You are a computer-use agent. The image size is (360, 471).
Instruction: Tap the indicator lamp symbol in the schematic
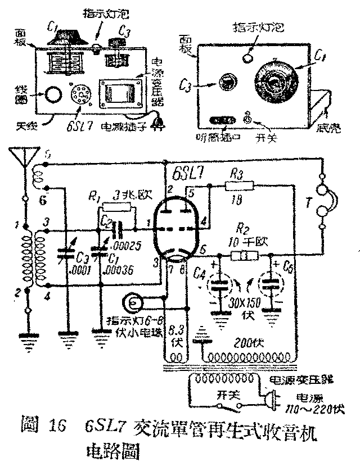(x=135, y=304)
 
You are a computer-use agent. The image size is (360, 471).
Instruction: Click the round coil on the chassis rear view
(x=52, y=96)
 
